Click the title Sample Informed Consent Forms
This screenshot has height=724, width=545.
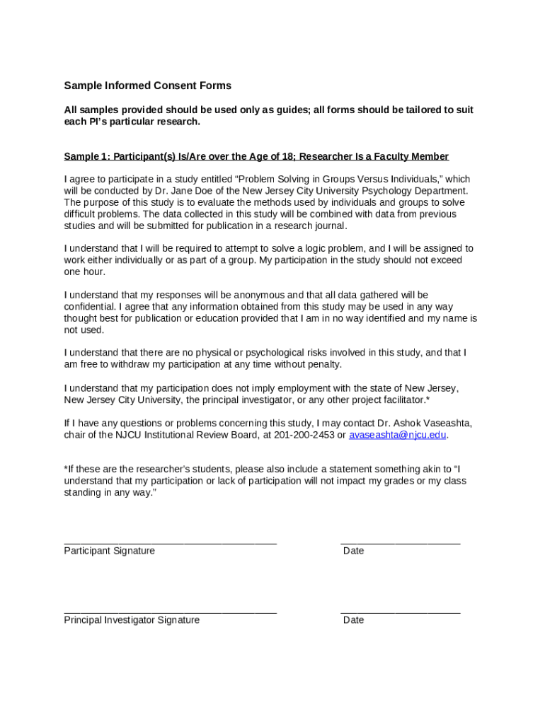click(147, 86)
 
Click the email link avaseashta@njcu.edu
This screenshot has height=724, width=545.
click(398, 435)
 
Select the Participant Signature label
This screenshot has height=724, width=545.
click(109, 551)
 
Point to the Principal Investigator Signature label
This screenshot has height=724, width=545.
click(132, 620)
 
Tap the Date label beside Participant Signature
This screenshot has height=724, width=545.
click(353, 551)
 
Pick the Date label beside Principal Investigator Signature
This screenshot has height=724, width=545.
click(353, 620)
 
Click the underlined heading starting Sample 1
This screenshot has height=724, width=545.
click(256, 156)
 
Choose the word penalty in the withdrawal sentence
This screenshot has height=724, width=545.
click(323, 364)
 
